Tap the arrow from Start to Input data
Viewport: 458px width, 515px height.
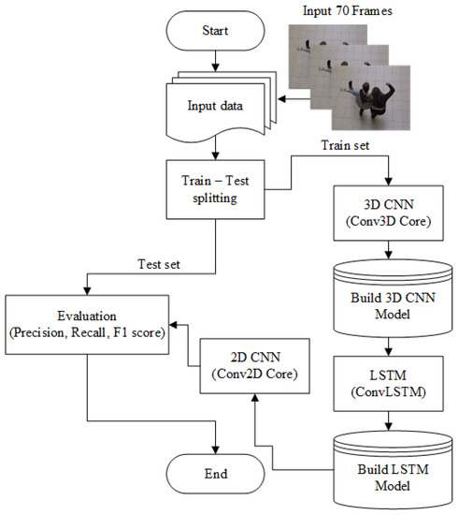217,62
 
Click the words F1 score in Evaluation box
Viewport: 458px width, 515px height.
144,331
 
